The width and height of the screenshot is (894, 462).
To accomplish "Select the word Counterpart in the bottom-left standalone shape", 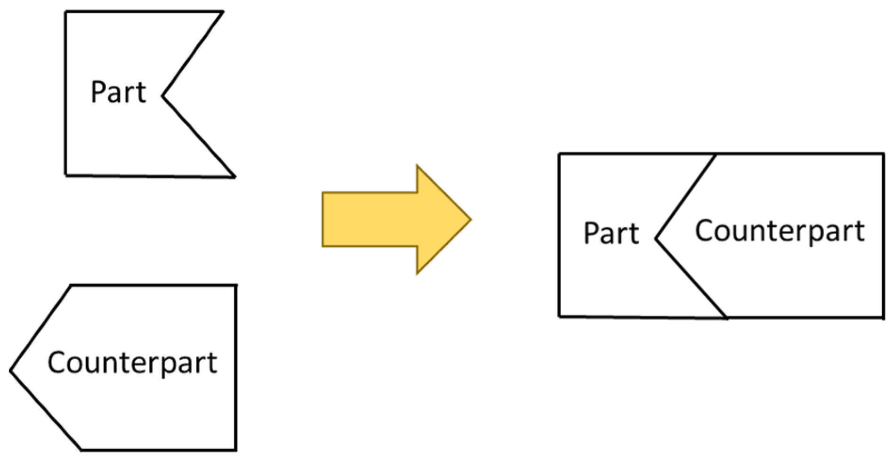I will point(132,363).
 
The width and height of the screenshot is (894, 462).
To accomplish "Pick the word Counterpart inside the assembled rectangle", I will point(780,231).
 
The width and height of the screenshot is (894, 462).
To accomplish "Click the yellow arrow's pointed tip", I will point(470,219).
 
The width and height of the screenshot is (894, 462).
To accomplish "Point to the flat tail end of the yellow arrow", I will point(323,219).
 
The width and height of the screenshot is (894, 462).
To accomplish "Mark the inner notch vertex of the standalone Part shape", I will point(163,96).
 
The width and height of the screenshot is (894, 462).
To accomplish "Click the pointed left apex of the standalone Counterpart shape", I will point(11,371).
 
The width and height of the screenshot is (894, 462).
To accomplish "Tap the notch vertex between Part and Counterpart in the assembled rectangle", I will point(656,239).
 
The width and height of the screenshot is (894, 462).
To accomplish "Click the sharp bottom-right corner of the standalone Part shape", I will point(234,177).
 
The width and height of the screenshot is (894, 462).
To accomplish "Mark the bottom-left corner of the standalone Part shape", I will point(66,175).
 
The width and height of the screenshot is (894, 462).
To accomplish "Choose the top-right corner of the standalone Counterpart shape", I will point(235,285).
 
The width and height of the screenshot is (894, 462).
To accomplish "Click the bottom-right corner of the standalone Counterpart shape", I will point(235,450).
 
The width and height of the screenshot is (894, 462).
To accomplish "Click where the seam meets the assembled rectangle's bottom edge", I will point(726,317).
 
